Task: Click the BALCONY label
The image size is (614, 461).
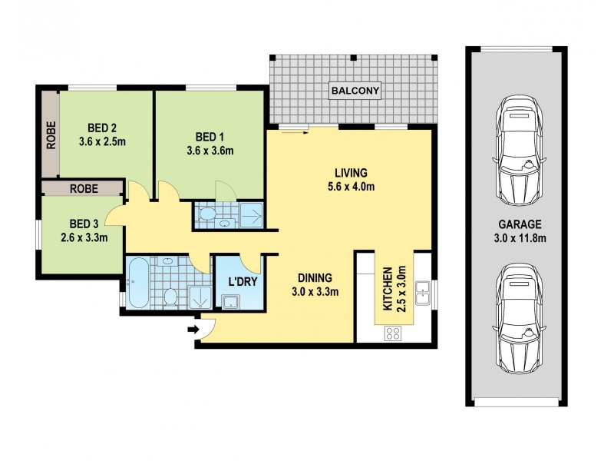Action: (x=355, y=91)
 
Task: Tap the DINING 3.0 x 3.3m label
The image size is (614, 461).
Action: (x=315, y=284)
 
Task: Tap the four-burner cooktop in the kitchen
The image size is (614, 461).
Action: (x=393, y=333)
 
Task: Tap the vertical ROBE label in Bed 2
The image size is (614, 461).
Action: (x=51, y=135)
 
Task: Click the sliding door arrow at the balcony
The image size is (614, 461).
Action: (x=295, y=131)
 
